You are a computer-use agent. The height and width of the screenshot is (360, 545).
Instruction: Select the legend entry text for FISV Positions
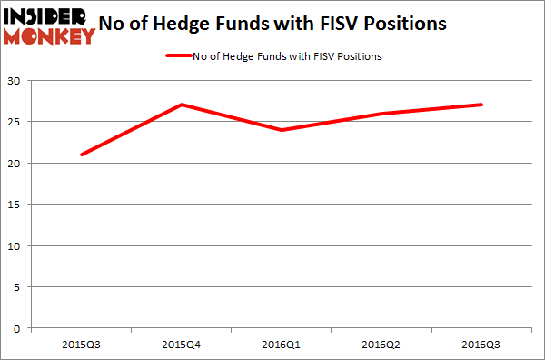(288, 56)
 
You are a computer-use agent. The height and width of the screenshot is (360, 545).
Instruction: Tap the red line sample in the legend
(178, 56)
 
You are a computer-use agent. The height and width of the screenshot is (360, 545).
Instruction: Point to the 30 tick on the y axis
(16, 81)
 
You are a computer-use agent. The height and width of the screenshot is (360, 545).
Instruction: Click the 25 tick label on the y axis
(16, 122)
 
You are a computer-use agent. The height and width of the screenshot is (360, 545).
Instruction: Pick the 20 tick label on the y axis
(16, 164)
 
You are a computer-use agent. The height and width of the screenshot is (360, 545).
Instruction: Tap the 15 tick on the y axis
(16, 205)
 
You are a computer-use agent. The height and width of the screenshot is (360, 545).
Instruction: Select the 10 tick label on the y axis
(16, 245)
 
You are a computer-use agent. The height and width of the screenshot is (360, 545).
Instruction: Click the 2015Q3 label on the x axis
(82, 344)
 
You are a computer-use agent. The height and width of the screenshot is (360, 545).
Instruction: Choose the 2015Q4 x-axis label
(182, 344)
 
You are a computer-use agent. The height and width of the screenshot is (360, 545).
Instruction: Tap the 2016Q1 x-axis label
(282, 344)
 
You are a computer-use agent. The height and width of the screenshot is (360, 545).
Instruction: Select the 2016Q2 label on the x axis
(381, 344)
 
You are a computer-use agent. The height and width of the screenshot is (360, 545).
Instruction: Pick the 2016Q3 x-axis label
(481, 344)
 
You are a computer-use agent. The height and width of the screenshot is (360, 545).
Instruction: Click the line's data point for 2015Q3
(82, 155)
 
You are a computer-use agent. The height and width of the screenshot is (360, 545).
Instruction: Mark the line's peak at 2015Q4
(182, 105)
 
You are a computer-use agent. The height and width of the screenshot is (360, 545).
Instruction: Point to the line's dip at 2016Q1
(282, 130)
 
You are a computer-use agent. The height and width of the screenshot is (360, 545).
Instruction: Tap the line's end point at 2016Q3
(481, 105)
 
